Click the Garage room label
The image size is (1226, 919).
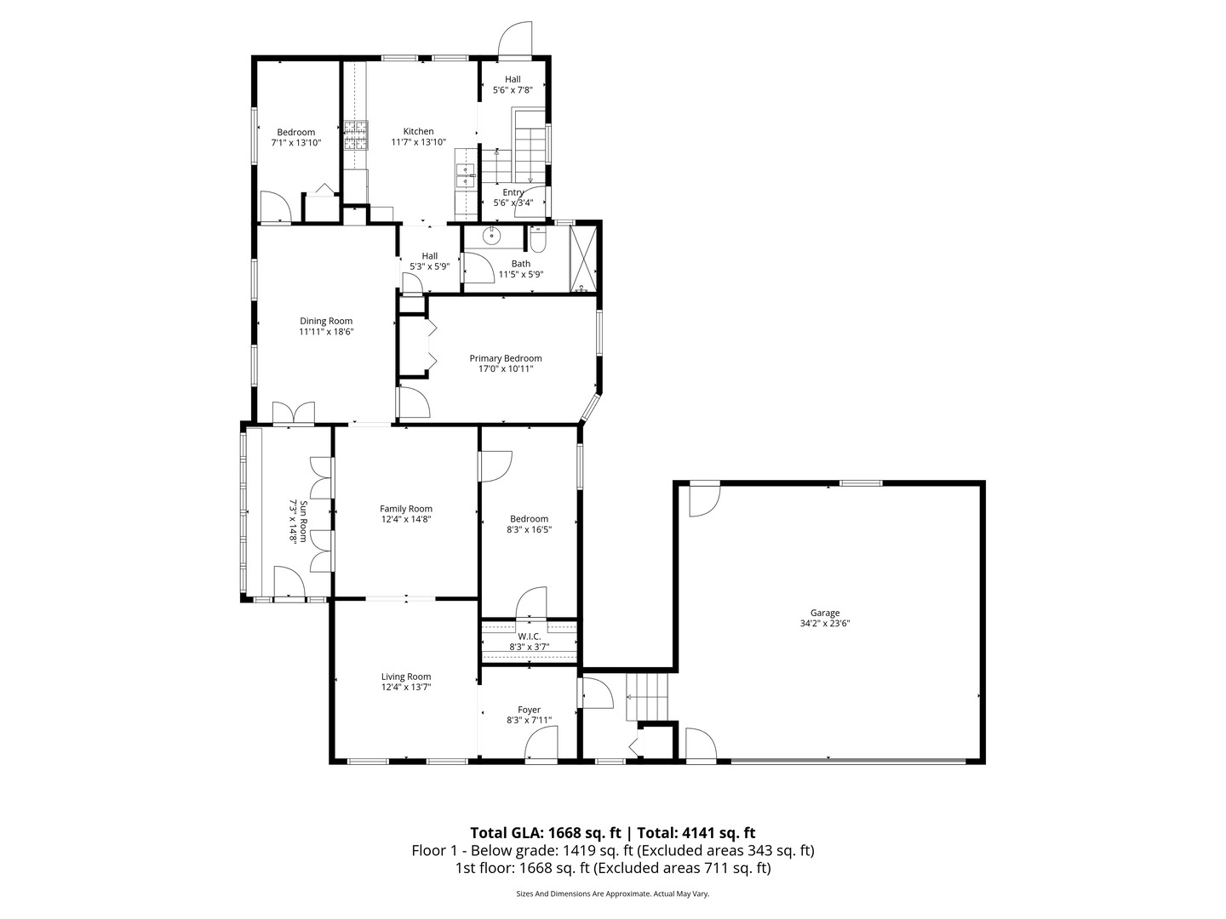pos(824,613)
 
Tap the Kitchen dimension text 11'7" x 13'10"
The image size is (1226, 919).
pos(418,142)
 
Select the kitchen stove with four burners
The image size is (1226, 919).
pos(356,135)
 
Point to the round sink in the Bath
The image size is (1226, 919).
pos(492,236)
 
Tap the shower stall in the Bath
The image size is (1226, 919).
pos(583,258)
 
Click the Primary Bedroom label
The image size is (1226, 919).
pos(505,358)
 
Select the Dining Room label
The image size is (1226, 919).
pos(325,321)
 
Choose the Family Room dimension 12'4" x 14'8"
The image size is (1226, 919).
pos(406,519)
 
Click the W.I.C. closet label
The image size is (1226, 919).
pos(529,636)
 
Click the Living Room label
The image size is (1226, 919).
pos(406,676)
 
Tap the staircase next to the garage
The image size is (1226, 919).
pos(648,695)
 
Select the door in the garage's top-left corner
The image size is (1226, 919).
pos(704,499)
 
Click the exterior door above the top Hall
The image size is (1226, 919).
pos(515,38)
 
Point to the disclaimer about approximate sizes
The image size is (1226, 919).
pos(612,894)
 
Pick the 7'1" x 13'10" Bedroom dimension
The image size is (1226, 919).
pos(295,143)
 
